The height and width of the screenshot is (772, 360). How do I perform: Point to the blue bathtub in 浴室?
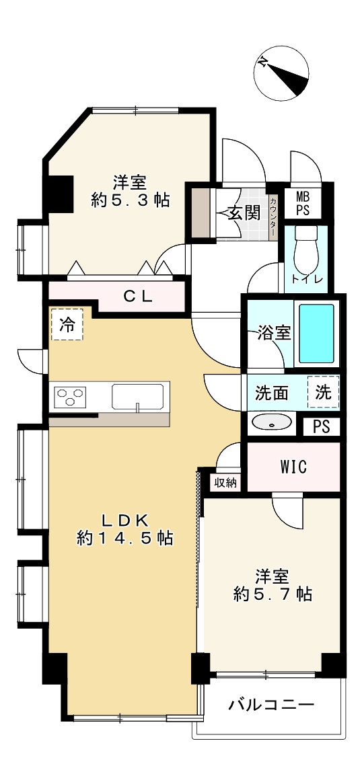tap(316, 334)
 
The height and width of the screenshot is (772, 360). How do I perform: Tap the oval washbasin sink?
tap(271, 422)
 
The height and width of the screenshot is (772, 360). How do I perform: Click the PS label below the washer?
tap(321, 427)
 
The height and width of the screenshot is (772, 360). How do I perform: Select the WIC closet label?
tap(293, 467)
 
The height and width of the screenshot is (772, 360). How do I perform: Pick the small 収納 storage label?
tap(226, 481)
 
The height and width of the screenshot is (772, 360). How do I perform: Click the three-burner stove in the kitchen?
tap(71, 397)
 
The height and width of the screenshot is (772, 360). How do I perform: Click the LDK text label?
tap(124, 520)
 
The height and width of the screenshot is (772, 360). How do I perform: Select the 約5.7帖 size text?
tap(273, 594)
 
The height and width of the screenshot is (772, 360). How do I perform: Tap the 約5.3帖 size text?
tap(130, 200)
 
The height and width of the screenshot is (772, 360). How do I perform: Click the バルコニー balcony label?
tap(271, 705)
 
